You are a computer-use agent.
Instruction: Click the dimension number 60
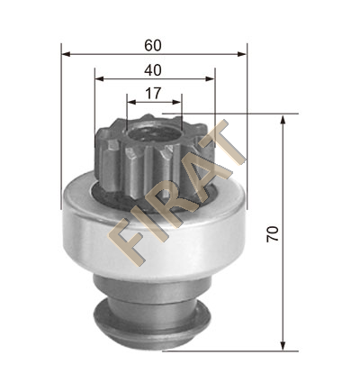[153, 46]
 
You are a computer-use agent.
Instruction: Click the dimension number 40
[153, 70]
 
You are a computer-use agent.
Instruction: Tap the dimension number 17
[154, 94]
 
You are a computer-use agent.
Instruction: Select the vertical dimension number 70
[273, 234]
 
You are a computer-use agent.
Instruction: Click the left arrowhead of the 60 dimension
[66, 54]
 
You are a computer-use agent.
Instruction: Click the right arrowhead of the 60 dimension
[242, 54]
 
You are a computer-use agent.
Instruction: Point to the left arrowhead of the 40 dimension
[99, 78]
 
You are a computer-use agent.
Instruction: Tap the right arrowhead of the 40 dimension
[210, 78]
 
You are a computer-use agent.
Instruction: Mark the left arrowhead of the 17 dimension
[131, 102]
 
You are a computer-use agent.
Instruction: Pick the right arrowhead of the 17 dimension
[177, 102]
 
